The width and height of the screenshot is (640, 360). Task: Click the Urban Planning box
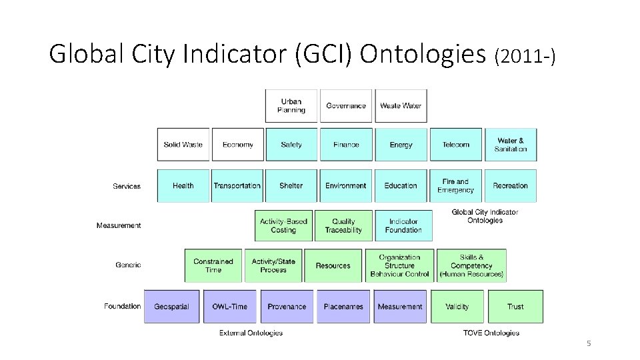291,106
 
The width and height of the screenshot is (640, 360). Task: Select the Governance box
346,106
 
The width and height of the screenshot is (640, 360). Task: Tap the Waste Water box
401,106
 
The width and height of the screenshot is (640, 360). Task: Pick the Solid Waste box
183,145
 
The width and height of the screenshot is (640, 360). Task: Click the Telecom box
456,145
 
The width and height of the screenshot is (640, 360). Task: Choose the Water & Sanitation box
511,145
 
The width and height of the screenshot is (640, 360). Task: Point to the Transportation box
237,186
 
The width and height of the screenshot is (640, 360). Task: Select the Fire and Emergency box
456,186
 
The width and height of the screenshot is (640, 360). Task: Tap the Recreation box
511,186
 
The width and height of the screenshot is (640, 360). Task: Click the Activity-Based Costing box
283,226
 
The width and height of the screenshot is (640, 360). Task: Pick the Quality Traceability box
343,226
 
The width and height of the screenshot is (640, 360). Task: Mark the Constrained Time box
213,265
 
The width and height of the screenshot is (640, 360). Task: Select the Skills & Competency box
471,265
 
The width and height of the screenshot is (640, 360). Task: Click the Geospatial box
172,307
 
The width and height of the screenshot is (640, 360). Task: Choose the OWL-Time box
229,307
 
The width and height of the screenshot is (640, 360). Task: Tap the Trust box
515,307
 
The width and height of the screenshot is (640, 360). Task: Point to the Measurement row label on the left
119,226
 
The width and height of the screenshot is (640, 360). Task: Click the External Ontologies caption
251,333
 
